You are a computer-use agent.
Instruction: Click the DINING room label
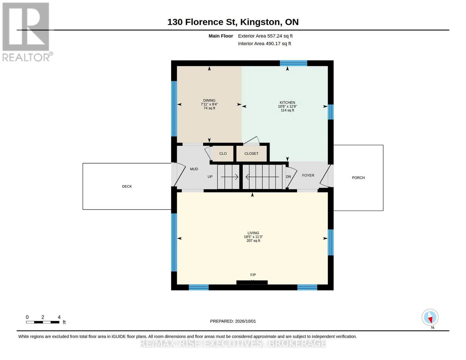(x=209, y=100)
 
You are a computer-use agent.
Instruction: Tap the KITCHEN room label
(x=287, y=103)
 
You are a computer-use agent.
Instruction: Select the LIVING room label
(x=253, y=233)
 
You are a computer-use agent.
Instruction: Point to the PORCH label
(x=358, y=178)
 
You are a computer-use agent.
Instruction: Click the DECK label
(x=127, y=186)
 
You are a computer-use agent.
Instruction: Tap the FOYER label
(x=308, y=175)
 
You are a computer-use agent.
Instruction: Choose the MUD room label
(x=194, y=169)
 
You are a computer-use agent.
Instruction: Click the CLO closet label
(x=223, y=154)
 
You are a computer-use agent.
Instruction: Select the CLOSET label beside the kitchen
(x=251, y=154)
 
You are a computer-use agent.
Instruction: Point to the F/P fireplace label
(x=253, y=275)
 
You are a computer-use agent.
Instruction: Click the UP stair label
(x=210, y=176)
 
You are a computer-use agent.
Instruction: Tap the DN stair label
(x=288, y=176)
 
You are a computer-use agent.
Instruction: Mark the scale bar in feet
(x=43, y=322)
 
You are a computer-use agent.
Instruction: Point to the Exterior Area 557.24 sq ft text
(x=265, y=36)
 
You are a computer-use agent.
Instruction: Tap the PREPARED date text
(x=233, y=321)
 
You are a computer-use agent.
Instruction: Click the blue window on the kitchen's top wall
(x=293, y=63)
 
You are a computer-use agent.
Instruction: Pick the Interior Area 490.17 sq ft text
(x=264, y=43)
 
